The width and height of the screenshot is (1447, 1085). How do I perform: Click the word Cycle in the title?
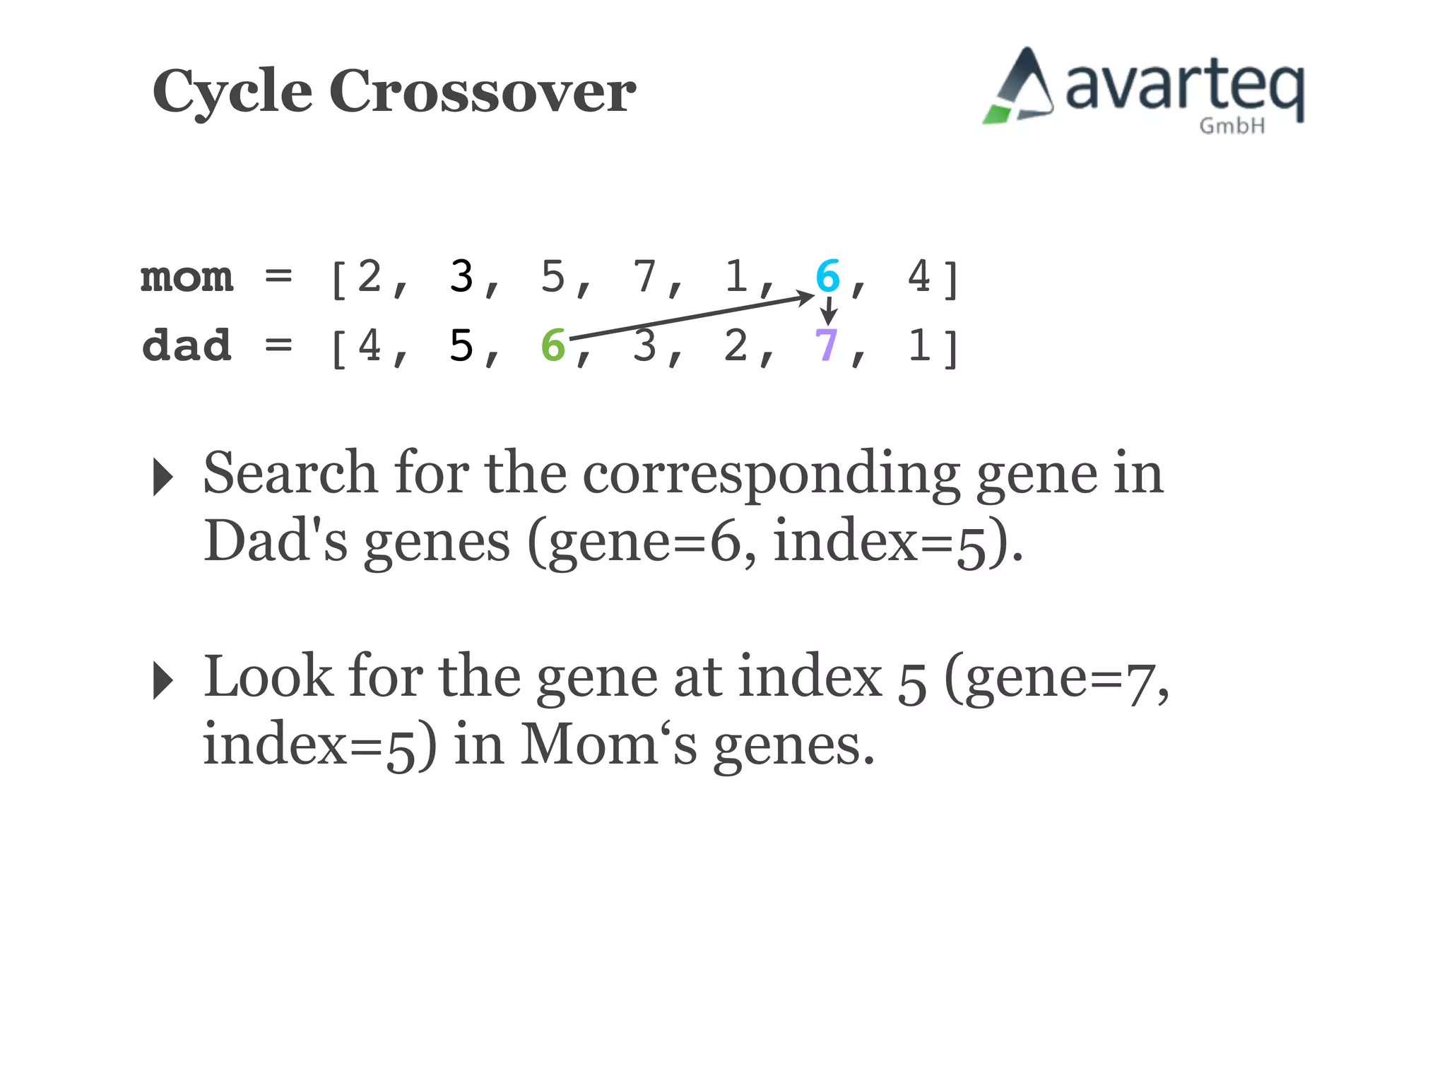[232, 92]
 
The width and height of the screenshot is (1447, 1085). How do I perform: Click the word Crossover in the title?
[483, 92]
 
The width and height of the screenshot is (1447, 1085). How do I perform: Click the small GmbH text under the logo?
[1232, 126]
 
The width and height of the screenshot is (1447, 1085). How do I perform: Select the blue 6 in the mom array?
[827, 275]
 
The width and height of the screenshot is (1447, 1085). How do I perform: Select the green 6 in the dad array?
[553, 345]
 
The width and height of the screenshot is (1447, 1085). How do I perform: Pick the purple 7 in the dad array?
[826, 345]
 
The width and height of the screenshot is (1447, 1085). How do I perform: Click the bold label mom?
[187, 276]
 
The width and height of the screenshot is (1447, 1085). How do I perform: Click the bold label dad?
[187, 345]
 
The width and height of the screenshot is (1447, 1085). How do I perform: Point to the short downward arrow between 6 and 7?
[828, 311]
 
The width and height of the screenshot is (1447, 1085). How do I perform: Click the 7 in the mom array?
[644, 275]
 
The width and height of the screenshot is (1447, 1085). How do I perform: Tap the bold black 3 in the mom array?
[461, 275]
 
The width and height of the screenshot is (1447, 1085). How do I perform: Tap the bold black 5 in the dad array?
[461, 345]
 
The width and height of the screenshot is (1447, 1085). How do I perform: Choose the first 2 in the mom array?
[369, 275]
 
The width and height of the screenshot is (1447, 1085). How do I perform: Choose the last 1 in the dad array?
[919, 345]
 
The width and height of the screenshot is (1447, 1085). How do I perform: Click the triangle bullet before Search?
[163, 477]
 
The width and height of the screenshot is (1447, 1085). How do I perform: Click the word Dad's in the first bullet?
[276, 541]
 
